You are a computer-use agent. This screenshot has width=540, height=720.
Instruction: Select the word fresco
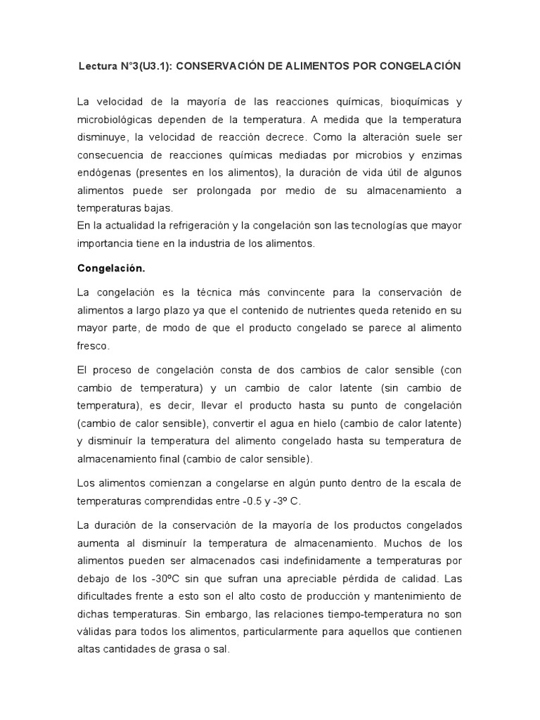coord(93,346)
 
